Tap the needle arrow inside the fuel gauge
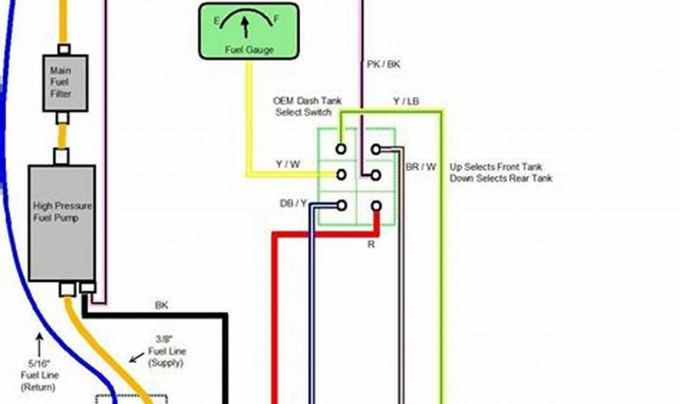pyautogui.click(x=245, y=27)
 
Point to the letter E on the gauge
pyautogui.click(x=216, y=21)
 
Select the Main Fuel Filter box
pyautogui.click(x=61, y=82)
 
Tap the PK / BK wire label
pyautogui.click(x=384, y=64)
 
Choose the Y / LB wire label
pyautogui.click(x=405, y=101)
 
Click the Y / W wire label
pyautogui.click(x=288, y=164)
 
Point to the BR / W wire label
pyautogui.click(x=421, y=167)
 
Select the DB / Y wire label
pyautogui.click(x=293, y=204)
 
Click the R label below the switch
pyautogui.click(x=371, y=245)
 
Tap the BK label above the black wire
pyautogui.click(x=161, y=305)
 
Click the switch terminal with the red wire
pyautogui.click(x=376, y=206)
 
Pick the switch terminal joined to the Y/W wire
pyautogui.click(x=341, y=175)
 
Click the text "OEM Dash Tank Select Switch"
pyautogui.click(x=307, y=106)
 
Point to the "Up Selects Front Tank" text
pyautogui.click(x=501, y=167)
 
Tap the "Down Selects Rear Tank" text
pyautogui.click(x=501, y=178)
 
